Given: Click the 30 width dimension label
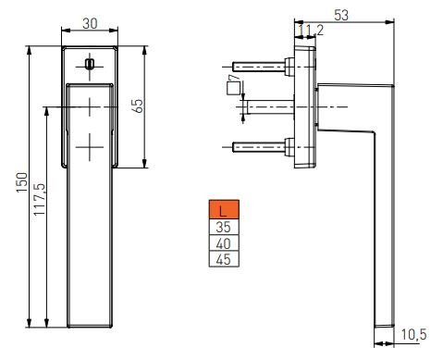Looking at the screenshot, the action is tap(90, 23).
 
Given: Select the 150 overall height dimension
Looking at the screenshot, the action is tap(22, 182).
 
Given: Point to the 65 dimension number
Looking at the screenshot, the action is tap(139, 106).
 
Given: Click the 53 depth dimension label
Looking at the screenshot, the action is tap(341, 15).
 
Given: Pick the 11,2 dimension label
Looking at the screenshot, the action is tap(311, 31).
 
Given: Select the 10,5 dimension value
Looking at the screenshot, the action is tap(414, 334).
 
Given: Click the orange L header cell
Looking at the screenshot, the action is tap(224, 209).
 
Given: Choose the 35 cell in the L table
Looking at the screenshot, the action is tap(224, 227).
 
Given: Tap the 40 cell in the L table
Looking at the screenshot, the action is tap(224, 243).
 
